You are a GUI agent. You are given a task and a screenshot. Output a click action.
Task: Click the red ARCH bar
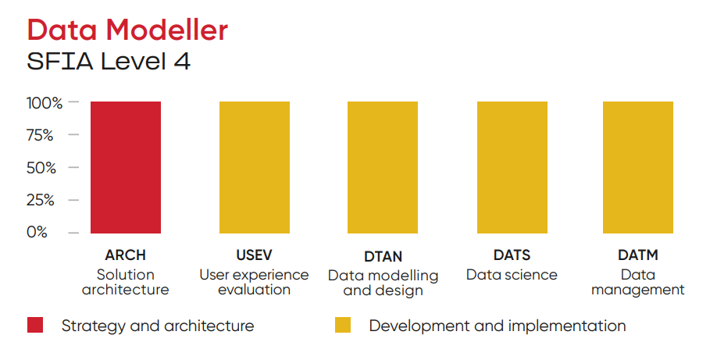126,167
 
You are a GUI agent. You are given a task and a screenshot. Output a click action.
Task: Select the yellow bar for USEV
255,167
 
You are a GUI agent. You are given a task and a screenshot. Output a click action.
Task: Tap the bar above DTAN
383,167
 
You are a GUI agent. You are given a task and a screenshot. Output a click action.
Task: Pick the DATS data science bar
512,167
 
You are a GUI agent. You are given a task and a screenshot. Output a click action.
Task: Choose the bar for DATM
638,167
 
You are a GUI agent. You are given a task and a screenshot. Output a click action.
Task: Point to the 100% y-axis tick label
45,103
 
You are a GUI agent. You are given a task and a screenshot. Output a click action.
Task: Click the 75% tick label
40,135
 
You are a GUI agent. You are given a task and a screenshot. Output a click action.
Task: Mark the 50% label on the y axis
41,168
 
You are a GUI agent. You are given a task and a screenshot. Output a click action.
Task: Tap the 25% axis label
41,201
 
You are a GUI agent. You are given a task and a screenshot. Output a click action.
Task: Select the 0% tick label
37,232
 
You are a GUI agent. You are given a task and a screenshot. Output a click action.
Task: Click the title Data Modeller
127,30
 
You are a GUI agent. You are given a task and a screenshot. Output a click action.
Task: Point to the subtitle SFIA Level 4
109,61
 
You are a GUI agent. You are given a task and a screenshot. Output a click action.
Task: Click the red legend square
35,325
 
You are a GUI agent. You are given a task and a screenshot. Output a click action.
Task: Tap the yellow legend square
343,325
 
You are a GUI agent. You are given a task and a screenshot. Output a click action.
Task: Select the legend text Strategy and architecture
158,326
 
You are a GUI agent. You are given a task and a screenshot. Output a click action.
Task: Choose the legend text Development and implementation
498,326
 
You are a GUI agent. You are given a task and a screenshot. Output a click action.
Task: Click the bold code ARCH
125,255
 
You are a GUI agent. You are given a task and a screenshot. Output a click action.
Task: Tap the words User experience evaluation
255,282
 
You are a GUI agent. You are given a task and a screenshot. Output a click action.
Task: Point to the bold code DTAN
383,257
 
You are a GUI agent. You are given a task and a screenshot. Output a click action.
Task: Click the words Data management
638,282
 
